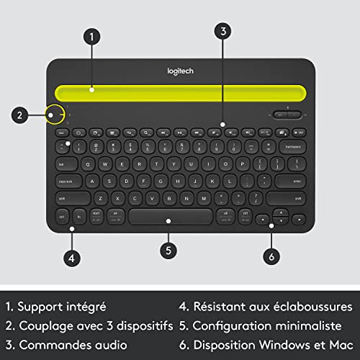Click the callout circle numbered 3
(225, 31)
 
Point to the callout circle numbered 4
(71, 256)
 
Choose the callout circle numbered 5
(168, 250)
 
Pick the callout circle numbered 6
(272, 255)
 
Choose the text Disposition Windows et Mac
(276, 343)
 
